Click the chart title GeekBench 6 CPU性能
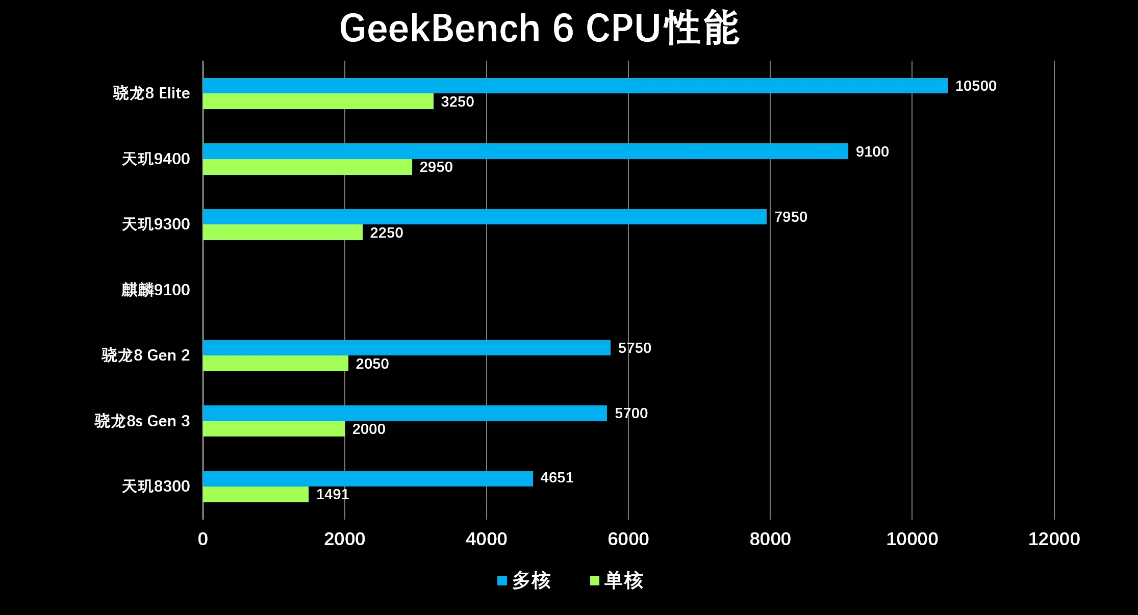click(539, 29)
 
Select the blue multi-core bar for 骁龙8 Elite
click(575, 86)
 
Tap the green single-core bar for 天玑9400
click(307, 167)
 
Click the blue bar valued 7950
click(485, 217)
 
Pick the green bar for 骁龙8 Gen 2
click(275, 364)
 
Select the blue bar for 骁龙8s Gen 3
click(404, 413)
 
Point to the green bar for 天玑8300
click(256, 494)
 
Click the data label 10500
click(975, 86)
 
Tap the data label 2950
click(436, 167)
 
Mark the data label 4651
click(557, 478)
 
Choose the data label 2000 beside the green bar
click(368, 429)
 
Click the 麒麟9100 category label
click(156, 290)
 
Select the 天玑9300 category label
click(156, 224)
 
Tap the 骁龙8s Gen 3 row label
click(142, 421)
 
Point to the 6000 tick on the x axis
click(628, 539)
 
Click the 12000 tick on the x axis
click(1054, 539)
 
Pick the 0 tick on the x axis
click(203, 539)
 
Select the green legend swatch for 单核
click(594, 581)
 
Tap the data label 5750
click(634, 348)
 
